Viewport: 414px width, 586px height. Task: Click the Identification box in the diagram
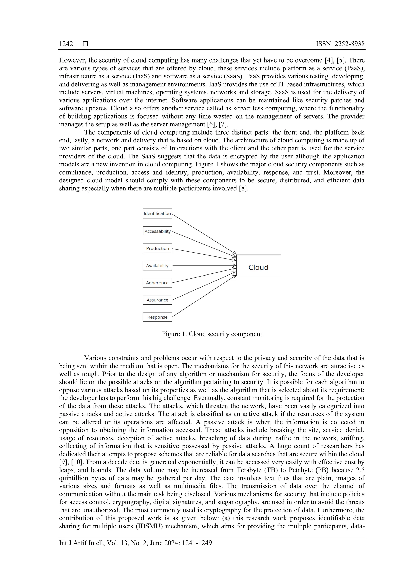(157, 214)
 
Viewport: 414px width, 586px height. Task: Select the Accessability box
(157, 231)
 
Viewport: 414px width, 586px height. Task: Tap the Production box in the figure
(157, 248)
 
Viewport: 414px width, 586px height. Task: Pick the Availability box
(157, 265)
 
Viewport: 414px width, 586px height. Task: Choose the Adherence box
(157, 283)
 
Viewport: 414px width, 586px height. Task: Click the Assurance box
(157, 300)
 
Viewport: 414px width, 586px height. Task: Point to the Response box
(157, 317)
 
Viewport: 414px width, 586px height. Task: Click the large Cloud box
(258, 265)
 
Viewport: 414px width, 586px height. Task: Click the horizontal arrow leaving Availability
(204, 265)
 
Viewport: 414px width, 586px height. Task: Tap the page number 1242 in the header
(66, 44)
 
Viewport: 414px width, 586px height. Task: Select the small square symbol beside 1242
(86, 44)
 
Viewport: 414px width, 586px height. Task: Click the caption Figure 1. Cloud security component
(212, 334)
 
